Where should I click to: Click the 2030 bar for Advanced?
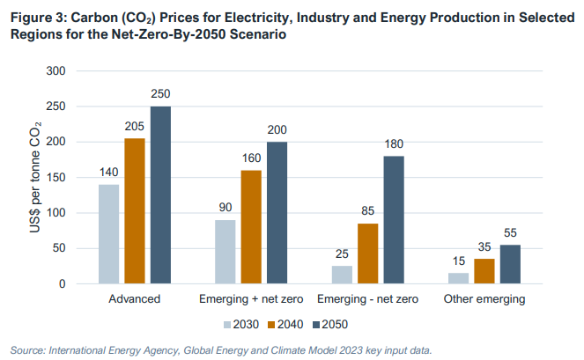click(x=108, y=234)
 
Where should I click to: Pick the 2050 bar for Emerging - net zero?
click(x=394, y=220)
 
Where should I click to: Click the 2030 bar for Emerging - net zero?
click(x=342, y=275)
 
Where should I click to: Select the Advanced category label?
click(x=135, y=299)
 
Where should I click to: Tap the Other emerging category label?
click(x=484, y=299)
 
